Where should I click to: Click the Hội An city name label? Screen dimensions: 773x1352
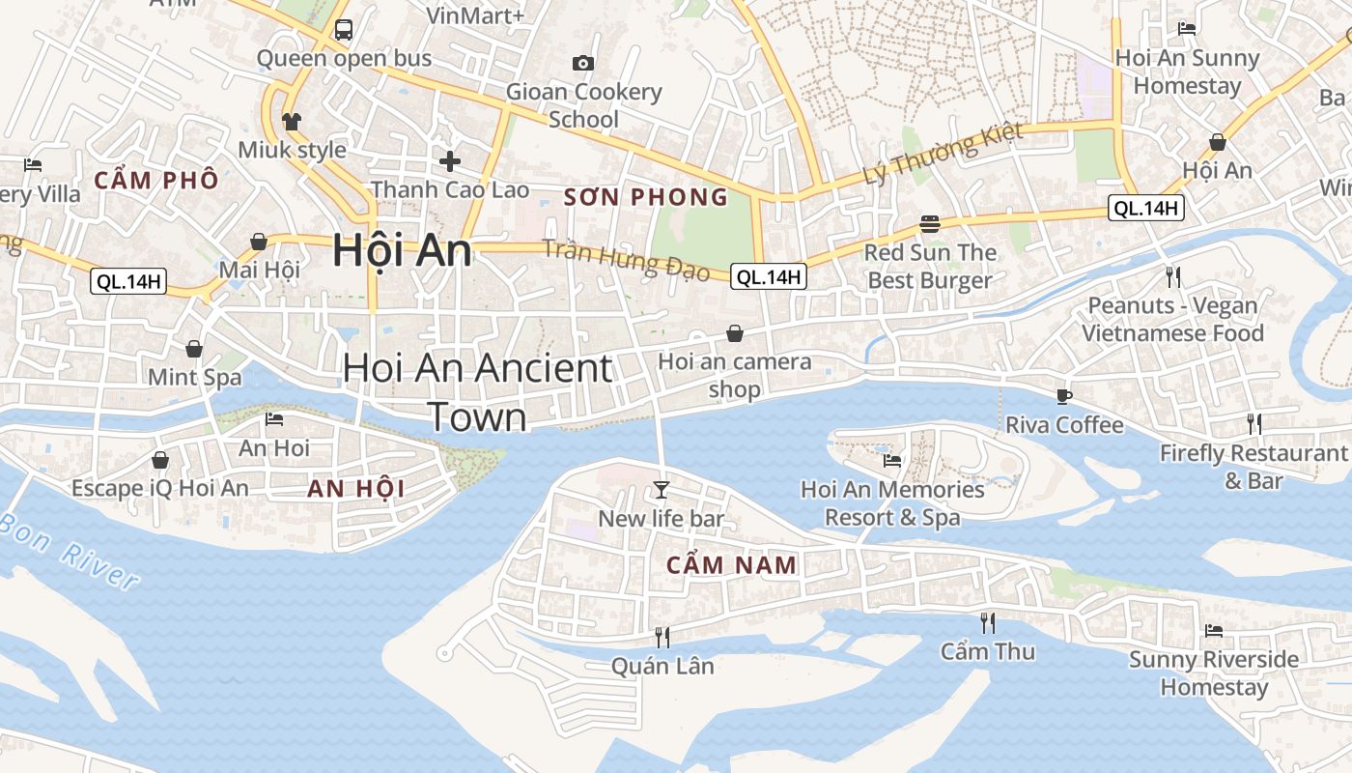click(402, 250)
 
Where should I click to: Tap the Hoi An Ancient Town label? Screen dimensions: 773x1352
click(478, 391)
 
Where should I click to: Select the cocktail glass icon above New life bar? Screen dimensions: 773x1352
click(661, 490)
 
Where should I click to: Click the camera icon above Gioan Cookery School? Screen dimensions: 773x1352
click(583, 64)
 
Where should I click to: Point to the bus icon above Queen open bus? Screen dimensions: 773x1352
click(344, 30)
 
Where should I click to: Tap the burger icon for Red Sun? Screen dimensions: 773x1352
click(930, 224)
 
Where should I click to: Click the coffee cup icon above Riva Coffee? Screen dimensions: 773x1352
click(1064, 395)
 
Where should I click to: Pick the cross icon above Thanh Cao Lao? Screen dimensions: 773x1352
click(449, 160)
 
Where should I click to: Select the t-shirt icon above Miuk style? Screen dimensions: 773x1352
click(292, 121)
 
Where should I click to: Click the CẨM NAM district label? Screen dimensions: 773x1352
click(732, 565)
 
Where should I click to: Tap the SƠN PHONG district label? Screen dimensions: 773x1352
click(646, 198)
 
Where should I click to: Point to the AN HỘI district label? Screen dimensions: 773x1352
click(356, 489)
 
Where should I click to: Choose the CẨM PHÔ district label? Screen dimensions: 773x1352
click(155, 180)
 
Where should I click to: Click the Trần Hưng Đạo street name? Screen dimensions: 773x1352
click(626, 259)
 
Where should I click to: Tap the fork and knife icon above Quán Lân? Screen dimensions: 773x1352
click(662, 636)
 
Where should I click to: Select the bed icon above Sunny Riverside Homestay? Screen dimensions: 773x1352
click(1214, 631)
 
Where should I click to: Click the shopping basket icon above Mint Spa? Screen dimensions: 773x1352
click(194, 349)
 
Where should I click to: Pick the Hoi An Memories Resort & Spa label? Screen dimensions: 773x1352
click(892, 503)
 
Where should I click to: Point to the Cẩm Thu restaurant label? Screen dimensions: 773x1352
click(988, 651)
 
